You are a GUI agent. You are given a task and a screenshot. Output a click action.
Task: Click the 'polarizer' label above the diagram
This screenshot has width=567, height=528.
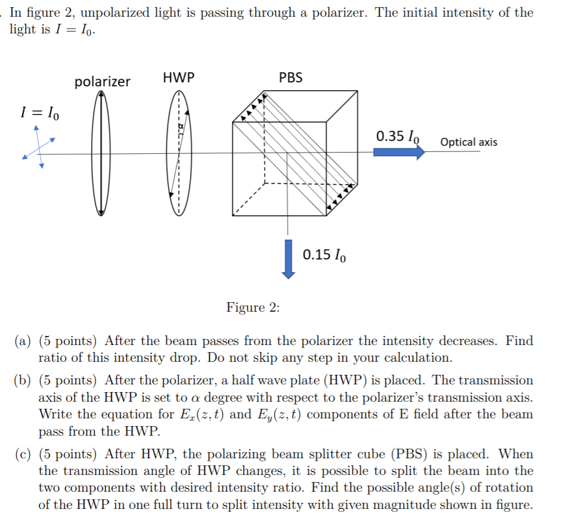point(102,82)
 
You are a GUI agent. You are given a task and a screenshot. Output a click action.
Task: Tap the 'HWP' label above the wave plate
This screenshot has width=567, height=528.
point(178,77)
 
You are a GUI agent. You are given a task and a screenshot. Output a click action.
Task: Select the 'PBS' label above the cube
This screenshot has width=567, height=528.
point(290,77)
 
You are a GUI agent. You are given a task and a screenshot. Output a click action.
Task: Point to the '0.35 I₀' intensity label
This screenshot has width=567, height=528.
point(398,136)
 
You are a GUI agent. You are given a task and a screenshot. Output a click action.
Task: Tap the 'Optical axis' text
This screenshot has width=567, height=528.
point(468,142)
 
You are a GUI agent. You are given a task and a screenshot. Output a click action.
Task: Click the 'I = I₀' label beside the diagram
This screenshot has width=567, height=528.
point(40,111)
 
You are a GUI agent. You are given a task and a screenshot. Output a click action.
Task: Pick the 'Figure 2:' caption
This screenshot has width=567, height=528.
point(253,308)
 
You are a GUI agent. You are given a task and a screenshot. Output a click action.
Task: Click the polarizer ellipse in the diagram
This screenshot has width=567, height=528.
point(102,153)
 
